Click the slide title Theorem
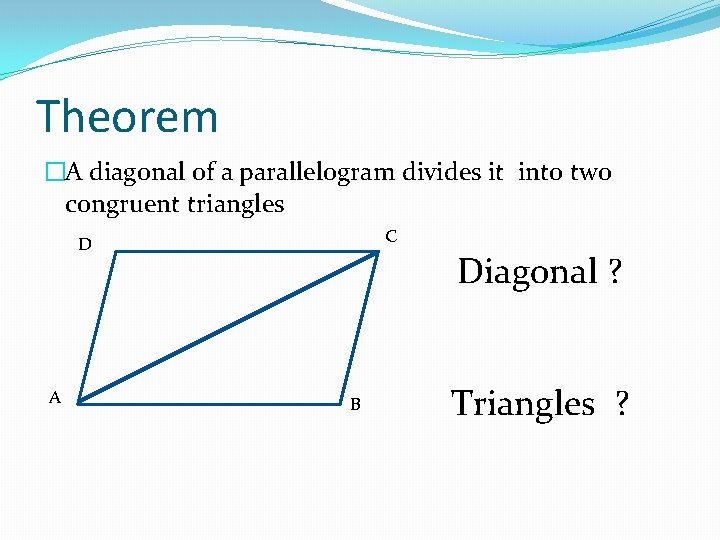[x=127, y=117]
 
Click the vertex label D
[x=86, y=244]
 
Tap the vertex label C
[x=391, y=236]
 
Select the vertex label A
[x=55, y=397]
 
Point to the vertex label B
[x=355, y=404]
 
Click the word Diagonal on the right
[x=527, y=271]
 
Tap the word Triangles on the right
[x=523, y=403]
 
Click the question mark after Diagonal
[x=614, y=271]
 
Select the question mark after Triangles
[x=622, y=403]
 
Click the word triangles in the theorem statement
[x=236, y=205]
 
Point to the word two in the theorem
[x=590, y=172]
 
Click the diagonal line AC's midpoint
[x=228, y=328]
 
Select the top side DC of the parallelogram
[x=247, y=252]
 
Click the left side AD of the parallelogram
[x=97, y=328]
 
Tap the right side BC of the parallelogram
[x=360, y=328]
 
